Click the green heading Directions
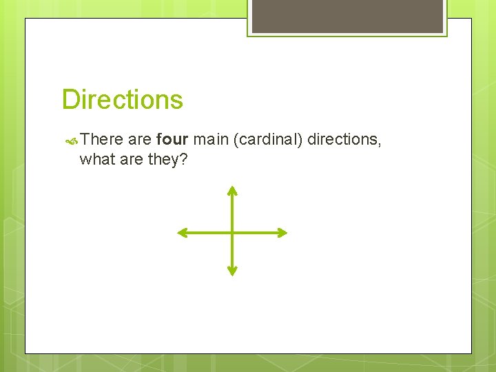pos(123,100)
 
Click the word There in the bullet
pos(101,140)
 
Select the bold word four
pos(172,140)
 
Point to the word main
pos(211,140)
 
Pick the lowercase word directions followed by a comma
pos(342,140)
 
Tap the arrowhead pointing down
pos(233,272)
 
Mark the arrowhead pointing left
pos(182,233)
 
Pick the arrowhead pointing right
pos(282,233)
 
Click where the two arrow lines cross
pos(233,233)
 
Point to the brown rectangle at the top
pos(347,16)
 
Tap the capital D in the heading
pos(70,100)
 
